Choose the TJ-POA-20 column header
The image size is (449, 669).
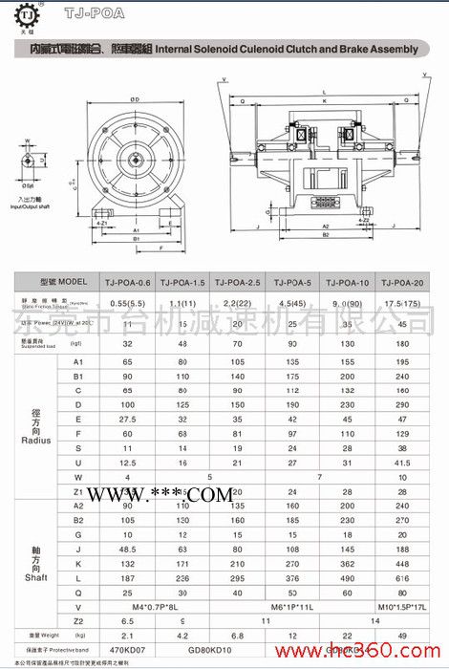pos(403,282)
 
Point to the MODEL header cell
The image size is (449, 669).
pos(57,282)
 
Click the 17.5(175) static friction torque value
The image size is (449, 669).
pos(405,304)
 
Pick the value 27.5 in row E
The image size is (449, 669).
pos(127,420)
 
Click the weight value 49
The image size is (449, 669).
pos(403,634)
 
